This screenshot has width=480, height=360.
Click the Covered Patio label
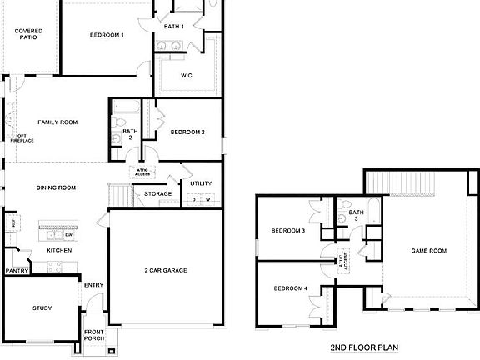[x=28, y=34]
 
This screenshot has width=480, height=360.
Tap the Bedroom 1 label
[x=107, y=35]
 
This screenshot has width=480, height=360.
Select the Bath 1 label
[x=173, y=27]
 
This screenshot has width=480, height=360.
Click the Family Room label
[x=57, y=122]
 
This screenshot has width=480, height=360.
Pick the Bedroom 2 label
[x=187, y=132]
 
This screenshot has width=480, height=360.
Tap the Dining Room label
[x=56, y=187]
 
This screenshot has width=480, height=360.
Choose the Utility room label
[x=201, y=183]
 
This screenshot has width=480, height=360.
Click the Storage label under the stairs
[x=157, y=194]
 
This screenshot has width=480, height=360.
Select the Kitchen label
[x=57, y=250]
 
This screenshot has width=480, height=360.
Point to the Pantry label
[x=17, y=271]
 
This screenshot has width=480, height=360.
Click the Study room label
[x=42, y=308]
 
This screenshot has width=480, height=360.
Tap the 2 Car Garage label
[x=166, y=271]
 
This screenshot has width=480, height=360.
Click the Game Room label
[x=429, y=250]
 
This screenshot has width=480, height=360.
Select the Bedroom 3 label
[x=289, y=231]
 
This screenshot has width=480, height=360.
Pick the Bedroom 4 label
[x=291, y=288]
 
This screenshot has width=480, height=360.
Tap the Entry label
[x=93, y=286]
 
